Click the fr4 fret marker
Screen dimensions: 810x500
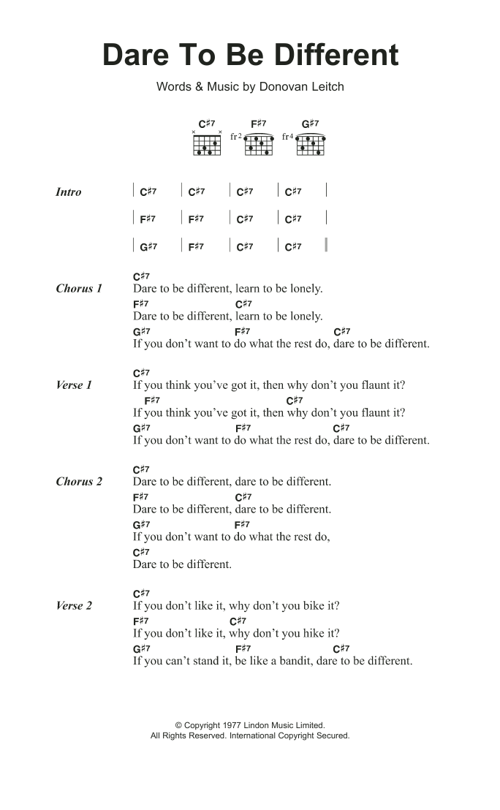(x=287, y=137)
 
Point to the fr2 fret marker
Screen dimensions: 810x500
(x=235, y=137)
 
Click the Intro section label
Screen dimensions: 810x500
(x=69, y=192)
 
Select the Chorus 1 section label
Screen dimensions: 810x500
(x=79, y=289)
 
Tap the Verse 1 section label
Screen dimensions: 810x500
(x=74, y=385)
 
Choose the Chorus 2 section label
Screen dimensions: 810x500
(x=79, y=482)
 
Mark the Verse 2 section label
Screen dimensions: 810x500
(x=74, y=606)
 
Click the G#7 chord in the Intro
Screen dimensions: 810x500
(x=148, y=247)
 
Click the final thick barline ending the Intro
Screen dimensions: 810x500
(x=326, y=246)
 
